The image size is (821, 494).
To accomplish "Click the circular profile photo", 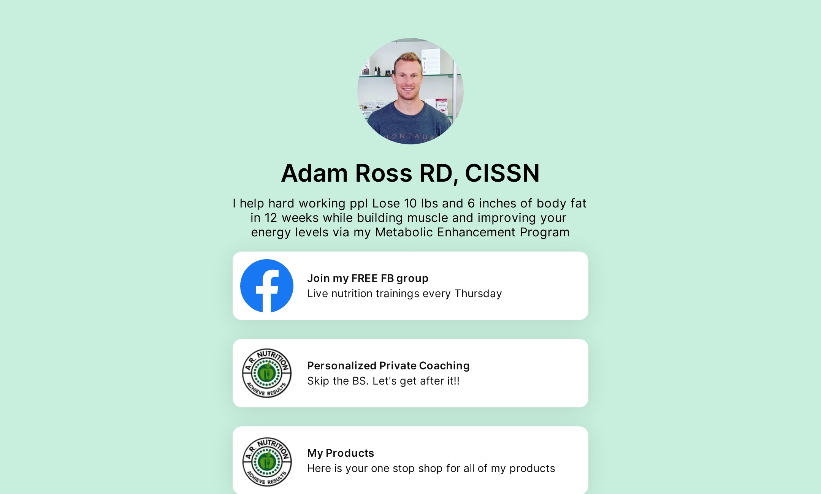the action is pyautogui.click(x=410, y=91).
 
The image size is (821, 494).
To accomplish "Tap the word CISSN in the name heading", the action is pyautogui.click(x=502, y=173).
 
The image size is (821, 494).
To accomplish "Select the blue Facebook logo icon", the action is pyautogui.click(x=267, y=286).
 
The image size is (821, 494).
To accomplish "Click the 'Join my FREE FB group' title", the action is pyautogui.click(x=368, y=279).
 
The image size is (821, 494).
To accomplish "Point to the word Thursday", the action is pyautogui.click(x=478, y=294).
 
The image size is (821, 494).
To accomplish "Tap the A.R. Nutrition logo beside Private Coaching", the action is pyautogui.click(x=267, y=373).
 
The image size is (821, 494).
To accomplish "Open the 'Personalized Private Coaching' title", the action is pyautogui.click(x=388, y=366).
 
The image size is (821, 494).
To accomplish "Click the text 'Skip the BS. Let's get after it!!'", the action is pyautogui.click(x=383, y=381).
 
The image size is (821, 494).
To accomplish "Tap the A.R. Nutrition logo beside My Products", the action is pyautogui.click(x=267, y=461).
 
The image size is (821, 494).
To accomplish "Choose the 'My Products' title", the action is pyautogui.click(x=341, y=453).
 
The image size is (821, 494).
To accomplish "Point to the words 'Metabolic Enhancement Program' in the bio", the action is pyautogui.click(x=472, y=232).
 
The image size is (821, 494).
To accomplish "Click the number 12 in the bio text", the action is pyautogui.click(x=271, y=218).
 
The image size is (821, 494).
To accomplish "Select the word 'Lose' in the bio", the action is pyautogui.click(x=386, y=203).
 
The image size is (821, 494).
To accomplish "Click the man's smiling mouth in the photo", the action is pyautogui.click(x=408, y=90).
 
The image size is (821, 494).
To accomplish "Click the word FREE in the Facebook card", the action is pyautogui.click(x=365, y=279).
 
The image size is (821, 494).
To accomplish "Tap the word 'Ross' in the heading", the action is pyautogui.click(x=384, y=173).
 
